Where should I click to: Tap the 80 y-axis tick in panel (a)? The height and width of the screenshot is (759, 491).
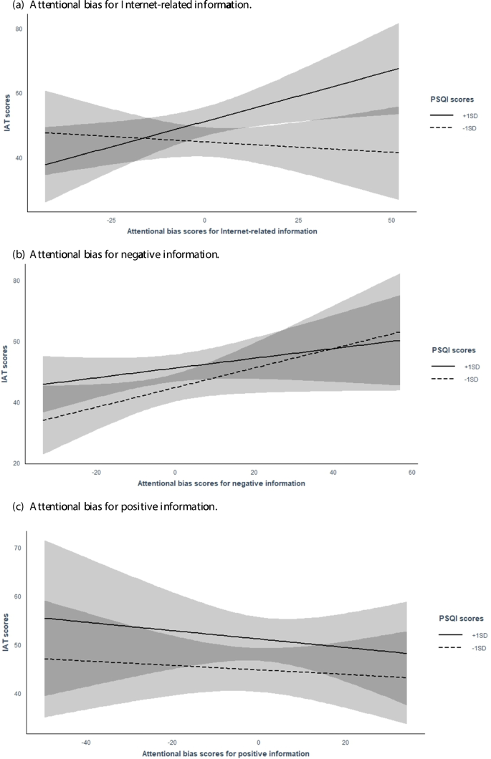coord(19,29)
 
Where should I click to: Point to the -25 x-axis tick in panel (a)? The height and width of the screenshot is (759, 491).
coord(111,221)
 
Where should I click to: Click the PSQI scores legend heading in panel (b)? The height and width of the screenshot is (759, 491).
coord(455,351)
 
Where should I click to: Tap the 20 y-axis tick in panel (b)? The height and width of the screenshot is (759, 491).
coord(16,464)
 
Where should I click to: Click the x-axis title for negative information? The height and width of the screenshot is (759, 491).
coord(221,483)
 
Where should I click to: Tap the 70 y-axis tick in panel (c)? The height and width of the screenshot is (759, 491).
coord(19,548)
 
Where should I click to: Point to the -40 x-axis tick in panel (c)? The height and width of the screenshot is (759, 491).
coord(85,742)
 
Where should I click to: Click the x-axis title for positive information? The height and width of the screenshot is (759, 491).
coord(225,753)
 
